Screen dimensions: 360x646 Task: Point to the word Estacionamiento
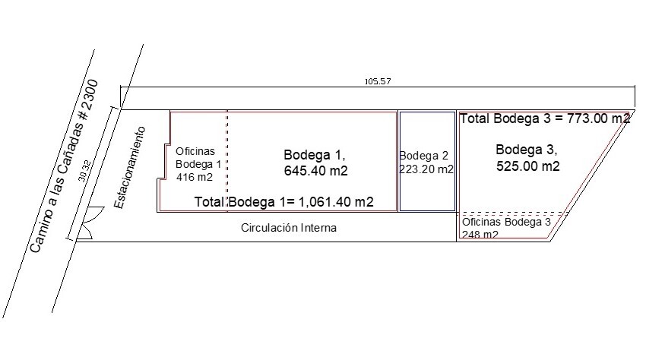tap(130, 168)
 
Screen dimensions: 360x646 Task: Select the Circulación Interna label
tap(289, 227)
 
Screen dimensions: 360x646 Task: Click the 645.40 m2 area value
tap(315, 171)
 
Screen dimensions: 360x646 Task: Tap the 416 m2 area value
tap(194, 177)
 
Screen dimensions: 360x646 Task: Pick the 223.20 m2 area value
tap(426, 169)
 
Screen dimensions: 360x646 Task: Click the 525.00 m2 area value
tap(528, 166)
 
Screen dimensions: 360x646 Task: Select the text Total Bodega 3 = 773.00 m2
tap(545, 118)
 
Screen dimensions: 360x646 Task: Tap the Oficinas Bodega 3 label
tap(506, 223)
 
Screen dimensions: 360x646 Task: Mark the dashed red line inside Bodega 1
tap(227, 159)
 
